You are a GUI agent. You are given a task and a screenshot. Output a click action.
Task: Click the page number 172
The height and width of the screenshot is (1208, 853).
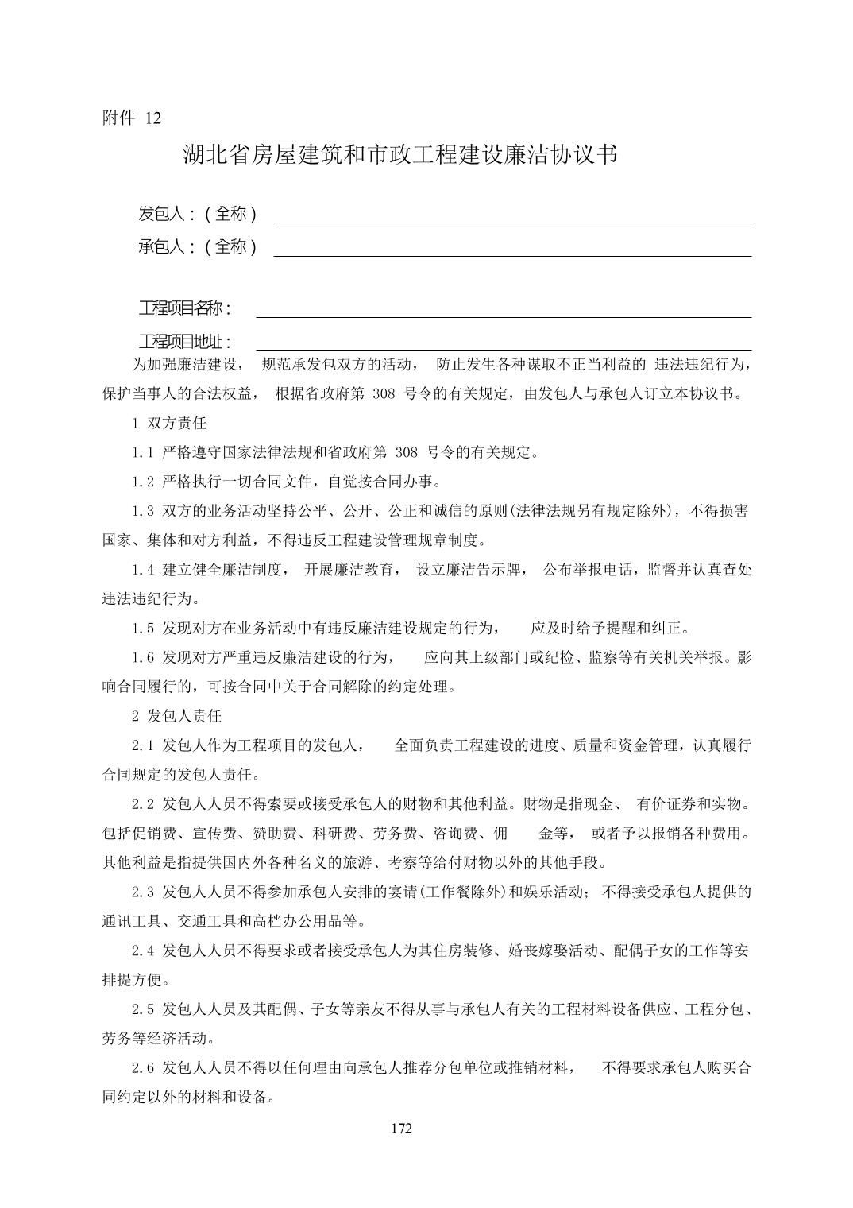coord(402,1129)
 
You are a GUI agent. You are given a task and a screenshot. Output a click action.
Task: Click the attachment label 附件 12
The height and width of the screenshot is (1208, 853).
coord(132,118)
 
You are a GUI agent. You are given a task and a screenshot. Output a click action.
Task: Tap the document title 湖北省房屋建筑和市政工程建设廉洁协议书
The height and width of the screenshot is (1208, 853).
coord(400,154)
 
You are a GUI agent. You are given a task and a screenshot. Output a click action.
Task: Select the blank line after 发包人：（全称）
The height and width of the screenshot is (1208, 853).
coord(512,222)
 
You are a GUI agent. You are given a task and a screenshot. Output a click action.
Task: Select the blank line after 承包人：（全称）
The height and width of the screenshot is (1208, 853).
coord(512,255)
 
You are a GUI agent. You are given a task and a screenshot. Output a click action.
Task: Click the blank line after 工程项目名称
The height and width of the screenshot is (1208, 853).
coord(503,316)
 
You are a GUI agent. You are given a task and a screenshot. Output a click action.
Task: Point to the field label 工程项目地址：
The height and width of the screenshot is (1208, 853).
coord(185,342)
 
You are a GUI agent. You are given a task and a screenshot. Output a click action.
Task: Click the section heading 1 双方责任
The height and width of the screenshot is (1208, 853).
coord(169,424)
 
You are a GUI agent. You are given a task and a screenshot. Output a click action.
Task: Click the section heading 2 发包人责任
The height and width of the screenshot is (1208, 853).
coord(176,716)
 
